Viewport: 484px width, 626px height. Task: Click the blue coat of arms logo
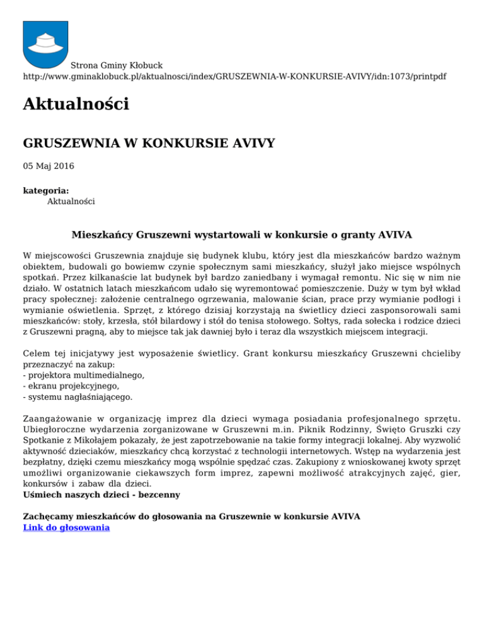45,43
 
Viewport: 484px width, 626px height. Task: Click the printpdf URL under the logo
234,76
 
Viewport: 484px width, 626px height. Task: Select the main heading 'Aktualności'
76,104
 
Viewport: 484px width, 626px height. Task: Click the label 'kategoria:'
46,190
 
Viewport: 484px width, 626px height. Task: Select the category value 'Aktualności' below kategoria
71,202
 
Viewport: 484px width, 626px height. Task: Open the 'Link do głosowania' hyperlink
66,528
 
